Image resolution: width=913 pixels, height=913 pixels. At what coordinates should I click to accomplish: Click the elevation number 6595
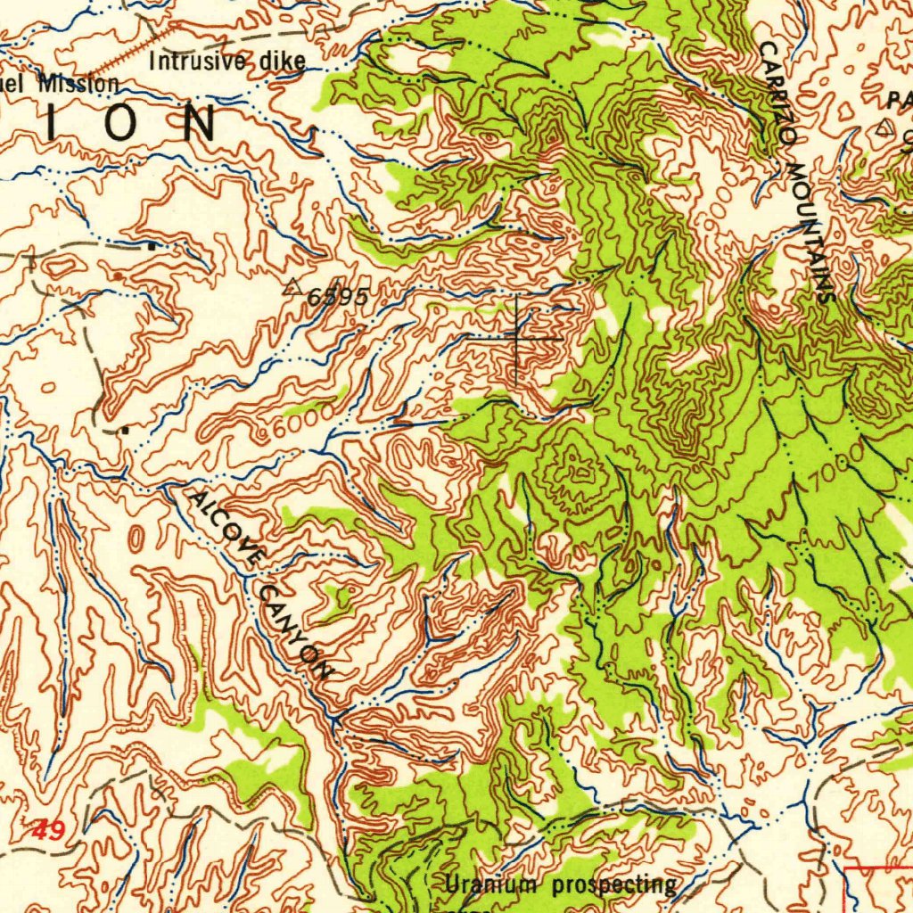tap(337, 298)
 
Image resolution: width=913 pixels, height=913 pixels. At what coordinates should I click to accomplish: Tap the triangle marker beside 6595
tap(292, 287)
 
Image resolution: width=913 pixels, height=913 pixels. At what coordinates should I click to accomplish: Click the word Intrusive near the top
tap(197, 62)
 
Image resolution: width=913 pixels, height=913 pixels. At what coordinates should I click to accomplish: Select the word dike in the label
tap(283, 62)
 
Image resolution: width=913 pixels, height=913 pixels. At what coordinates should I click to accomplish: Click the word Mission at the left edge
tap(78, 84)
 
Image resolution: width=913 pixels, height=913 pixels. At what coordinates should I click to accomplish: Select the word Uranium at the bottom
tap(493, 884)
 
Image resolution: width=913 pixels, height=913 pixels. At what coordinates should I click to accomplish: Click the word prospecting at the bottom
tap(613, 884)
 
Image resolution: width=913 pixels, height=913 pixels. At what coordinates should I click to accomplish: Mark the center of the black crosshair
tap(516, 339)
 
